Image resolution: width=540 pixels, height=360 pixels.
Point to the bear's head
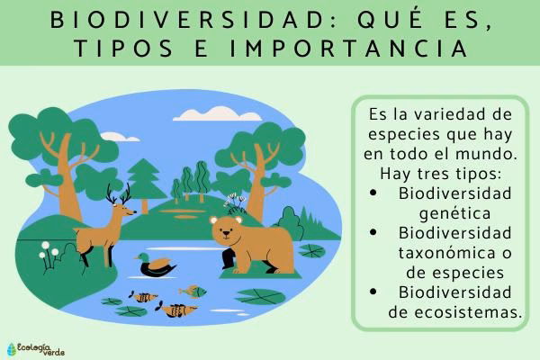(x=226, y=231)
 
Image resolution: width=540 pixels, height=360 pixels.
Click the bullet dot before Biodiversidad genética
(x=373, y=194)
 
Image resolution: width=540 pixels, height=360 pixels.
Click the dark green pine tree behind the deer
(x=143, y=179)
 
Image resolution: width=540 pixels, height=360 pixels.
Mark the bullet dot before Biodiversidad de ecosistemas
(x=373, y=293)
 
